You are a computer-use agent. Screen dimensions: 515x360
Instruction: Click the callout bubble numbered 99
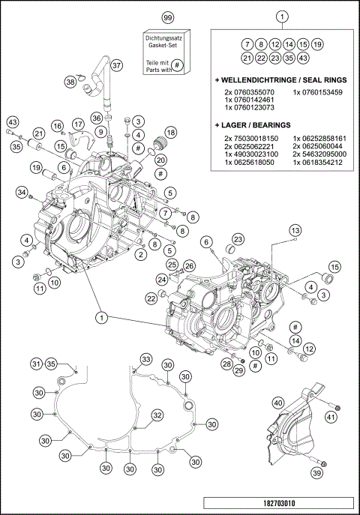pyautogui.click(x=167, y=16)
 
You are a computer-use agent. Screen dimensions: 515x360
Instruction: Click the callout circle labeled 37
pyautogui.click(x=116, y=65)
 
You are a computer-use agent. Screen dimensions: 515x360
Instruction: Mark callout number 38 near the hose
pyautogui.click(x=70, y=82)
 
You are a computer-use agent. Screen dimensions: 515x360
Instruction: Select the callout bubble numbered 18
pyautogui.click(x=170, y=132)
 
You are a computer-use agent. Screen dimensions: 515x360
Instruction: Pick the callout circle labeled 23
pyautogui.click(x=238, y=239)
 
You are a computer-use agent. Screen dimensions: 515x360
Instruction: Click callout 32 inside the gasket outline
pyautogui.click(x=156, y=415)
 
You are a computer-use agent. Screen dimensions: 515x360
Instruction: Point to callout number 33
pyautogui.click(x=146, y=360)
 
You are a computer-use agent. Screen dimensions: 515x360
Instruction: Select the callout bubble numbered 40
pyautogui.click(x=278, y=403)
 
